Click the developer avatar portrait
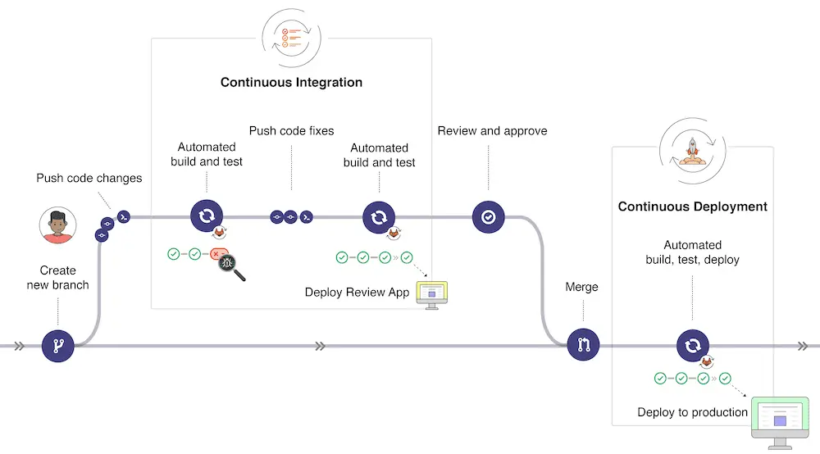(58, 225)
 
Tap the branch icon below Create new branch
(58, 346)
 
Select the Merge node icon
(583, 346)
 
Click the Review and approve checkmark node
(489, 217)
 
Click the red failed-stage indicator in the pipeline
(217, 255)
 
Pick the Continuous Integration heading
(291, 82)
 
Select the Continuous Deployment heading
(692, 207)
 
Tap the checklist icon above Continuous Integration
(291, 37)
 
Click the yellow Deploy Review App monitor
(432, 293)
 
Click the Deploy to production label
(692, 412)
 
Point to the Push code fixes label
(291, 131)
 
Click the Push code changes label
(89, 178)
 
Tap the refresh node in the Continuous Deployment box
(692, 346)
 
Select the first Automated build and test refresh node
(207, 217)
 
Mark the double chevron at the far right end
(803, 346)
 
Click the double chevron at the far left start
(18, 346)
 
